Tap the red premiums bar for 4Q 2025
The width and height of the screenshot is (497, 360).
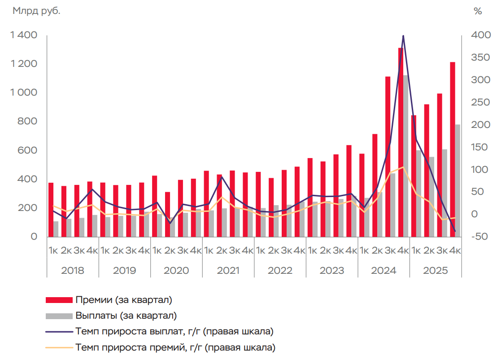tap(453, 148)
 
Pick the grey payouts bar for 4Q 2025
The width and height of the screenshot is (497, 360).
tap(458, 180)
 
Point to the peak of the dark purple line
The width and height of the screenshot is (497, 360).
tap(403, 36)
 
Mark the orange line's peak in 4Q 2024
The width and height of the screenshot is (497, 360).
tap(403, 167)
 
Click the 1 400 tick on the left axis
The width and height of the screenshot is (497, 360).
tap(25, 35)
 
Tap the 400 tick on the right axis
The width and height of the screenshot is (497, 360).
tap(478, 35)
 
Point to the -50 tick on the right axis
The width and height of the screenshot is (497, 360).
tap(478, 237)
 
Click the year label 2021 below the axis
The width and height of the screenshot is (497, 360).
tap(228, 271)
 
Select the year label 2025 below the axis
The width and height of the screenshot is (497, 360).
tap(436, 271)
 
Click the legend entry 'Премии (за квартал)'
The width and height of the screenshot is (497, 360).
tap(124, 299)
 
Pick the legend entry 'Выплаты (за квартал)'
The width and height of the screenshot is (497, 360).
tap(126, 316)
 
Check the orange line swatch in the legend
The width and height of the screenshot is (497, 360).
tap(59, 347)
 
